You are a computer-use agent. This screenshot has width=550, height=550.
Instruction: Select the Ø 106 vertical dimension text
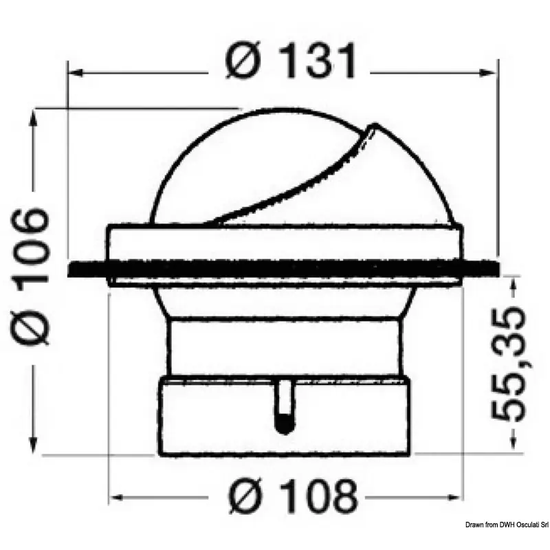[x=31, y=277]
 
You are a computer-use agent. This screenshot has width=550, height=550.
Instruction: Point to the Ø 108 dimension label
[x=293, y=496]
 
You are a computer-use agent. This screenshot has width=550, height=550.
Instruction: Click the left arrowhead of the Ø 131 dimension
[x=76, y=73]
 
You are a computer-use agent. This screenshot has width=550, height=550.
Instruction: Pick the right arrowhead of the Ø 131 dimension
[x=488, y=73]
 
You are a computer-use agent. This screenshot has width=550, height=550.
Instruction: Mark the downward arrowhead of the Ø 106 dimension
[x=34, y=445]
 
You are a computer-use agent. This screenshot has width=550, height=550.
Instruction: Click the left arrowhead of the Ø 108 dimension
[x=117, y=497]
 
